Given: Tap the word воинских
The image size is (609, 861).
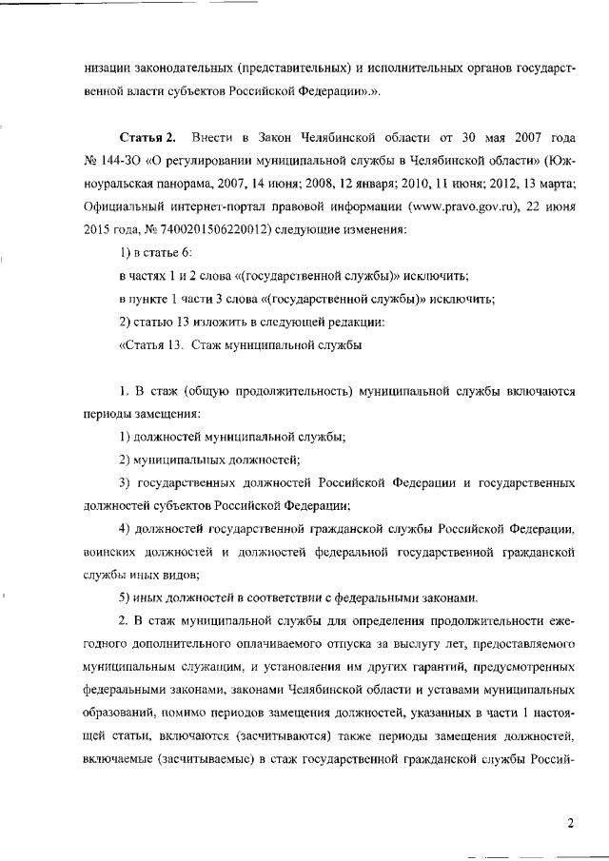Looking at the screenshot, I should click(x=111, y=551).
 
